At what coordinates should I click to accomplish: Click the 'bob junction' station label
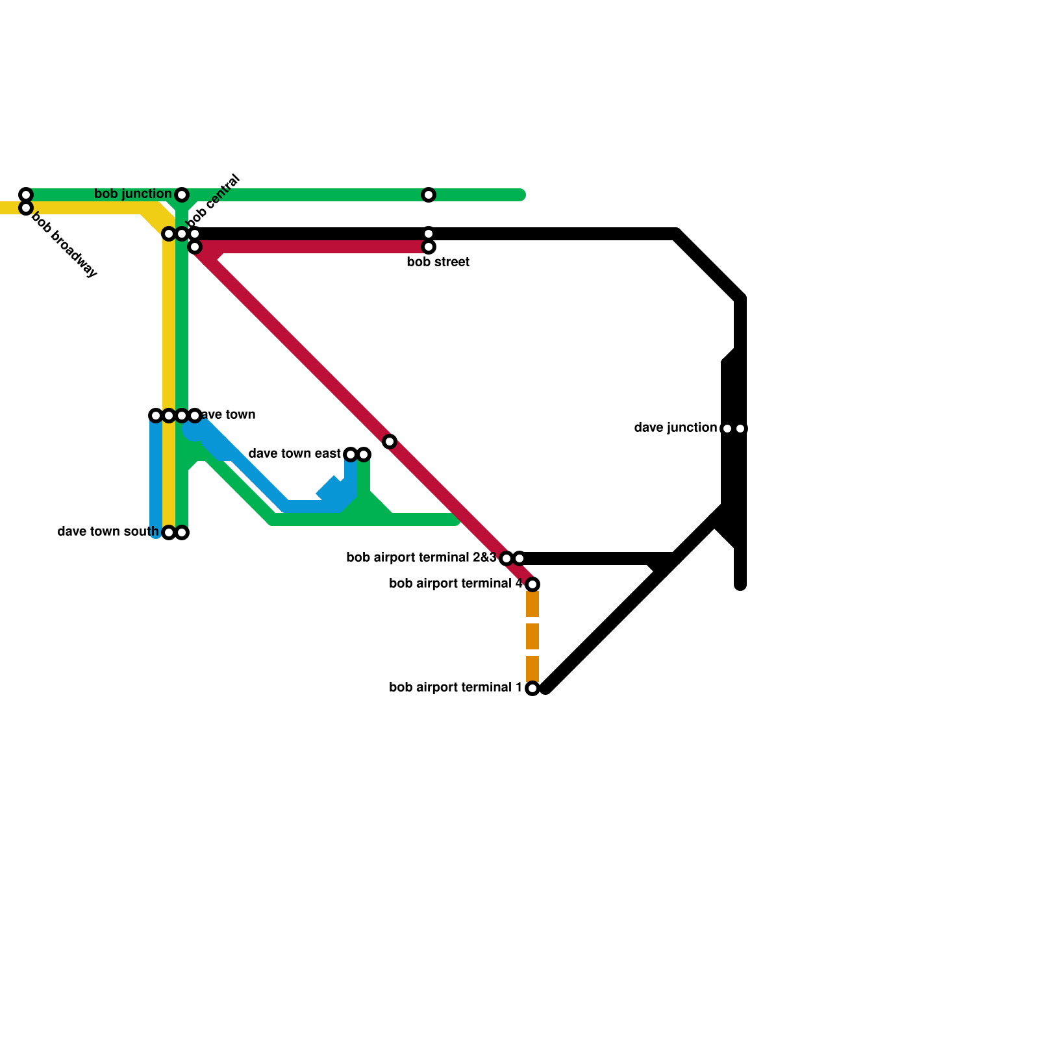tap(132, 194)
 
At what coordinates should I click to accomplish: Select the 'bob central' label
tap(214, 200)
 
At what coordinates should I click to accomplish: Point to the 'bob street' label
tap(438, 262)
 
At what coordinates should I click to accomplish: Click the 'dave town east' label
tap(294, 454)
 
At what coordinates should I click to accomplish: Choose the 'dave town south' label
tap(108, 532)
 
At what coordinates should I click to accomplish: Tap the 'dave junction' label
tap(675, 428)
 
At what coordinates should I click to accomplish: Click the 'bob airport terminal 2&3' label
tap(421, 558)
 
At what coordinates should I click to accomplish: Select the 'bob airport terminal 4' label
tap(456, 584)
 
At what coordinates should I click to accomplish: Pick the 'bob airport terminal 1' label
tap(456, 688)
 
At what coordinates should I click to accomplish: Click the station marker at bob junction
tap(182, 195)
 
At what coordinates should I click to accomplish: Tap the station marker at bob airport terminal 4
tap(532, 584)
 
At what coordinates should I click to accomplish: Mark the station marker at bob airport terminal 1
tap(532, 688)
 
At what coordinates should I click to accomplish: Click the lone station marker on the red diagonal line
tap(390, 442)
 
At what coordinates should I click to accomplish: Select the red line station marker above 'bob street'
tap(429, 247)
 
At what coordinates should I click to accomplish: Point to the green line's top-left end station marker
tap(26, 195)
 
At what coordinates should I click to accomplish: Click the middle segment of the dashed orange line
tap(532, 636)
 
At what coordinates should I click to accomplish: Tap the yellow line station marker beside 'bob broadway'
tap(26, 208)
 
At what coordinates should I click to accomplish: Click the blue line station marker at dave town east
tap(351, 455)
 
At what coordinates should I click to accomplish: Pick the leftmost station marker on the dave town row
tap(156, 416)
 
